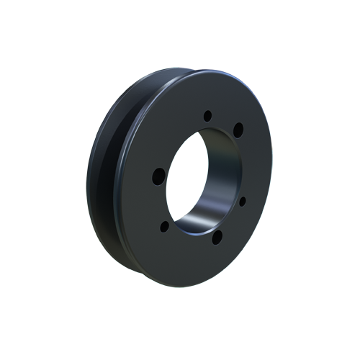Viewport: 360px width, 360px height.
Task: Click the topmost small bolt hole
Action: tap(207, 115)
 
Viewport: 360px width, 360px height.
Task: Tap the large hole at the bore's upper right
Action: tap(238, 130)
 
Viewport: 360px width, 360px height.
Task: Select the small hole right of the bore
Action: tap(243, 201)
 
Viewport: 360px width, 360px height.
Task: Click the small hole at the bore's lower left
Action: tap(164, 226)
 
